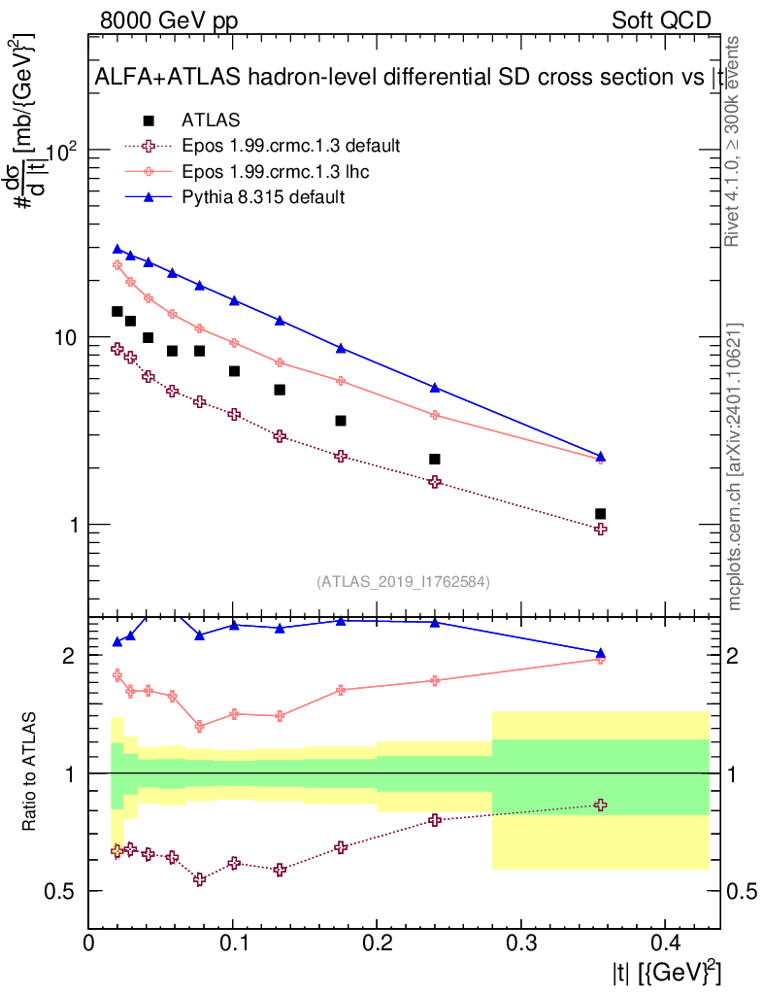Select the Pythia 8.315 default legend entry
[263, 196]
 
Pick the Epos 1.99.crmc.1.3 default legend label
[290, 146]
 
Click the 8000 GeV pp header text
[170, 20]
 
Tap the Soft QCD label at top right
[661, 20]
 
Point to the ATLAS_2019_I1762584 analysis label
[403, 582]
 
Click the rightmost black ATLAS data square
[600, 513]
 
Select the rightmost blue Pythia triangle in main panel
[600, 456]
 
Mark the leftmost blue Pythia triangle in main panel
[117, 250]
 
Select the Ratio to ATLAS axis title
[31, 772]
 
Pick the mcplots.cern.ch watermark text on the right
[736, 466]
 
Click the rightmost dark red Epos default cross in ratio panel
[600, 805]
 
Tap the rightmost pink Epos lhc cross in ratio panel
[600, 659]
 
